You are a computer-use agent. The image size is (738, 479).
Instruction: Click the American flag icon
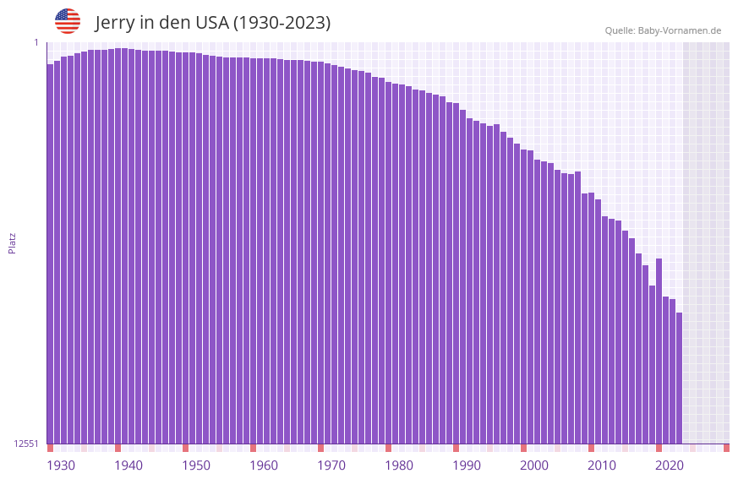coord(68,21)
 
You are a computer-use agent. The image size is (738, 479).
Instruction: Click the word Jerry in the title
coord(117,23)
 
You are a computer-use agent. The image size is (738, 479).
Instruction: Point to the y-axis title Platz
coord(12,242)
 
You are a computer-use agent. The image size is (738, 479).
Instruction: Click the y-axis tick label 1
coord(36,42)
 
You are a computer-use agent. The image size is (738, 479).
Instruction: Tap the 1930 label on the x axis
coord(61,465)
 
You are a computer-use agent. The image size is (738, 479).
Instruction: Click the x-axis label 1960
coord(264,465)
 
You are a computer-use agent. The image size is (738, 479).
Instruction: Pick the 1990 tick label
coord(467,465)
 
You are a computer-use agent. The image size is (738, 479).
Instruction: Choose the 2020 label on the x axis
coord(670,465)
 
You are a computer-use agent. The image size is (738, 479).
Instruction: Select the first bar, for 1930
coord(50,253)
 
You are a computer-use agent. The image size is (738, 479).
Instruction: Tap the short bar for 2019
coord(652,364)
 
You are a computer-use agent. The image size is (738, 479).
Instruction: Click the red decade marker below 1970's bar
coord(320,448)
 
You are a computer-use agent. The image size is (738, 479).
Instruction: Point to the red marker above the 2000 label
coord(523,448)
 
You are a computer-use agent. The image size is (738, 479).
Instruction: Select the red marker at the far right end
coord(726,448)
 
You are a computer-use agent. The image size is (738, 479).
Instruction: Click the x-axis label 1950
coord(196,465)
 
